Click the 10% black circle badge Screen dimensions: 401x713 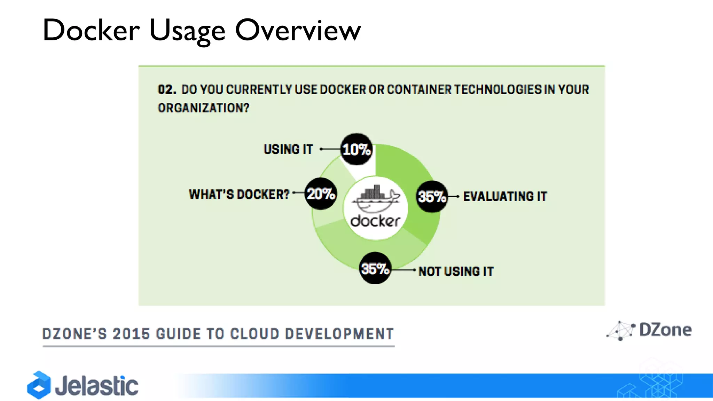pos(356,149)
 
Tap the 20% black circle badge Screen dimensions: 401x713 pos(321,194)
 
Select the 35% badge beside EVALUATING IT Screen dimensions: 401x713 pos(432,197)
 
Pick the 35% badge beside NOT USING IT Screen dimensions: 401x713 pos(375,268)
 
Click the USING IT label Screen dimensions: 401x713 pos(288,149)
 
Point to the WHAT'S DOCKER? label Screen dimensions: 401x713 pos(239,194)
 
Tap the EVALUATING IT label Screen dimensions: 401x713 pos(504,196)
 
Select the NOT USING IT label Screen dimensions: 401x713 pos(456,272)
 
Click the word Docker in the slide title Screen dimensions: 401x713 pos(91,30)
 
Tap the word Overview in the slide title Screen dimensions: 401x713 pos(298,30)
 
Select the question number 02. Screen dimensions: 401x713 pos(167,89)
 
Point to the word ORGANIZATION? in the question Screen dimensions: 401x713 pos(204,108)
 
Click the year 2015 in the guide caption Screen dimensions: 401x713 pos(131,334)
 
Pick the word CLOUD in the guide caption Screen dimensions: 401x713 pos(254,334)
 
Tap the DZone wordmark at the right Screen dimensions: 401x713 pos(665,330)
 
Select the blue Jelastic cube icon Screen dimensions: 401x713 pos(39,385)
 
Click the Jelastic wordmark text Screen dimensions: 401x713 pos(97,386)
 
